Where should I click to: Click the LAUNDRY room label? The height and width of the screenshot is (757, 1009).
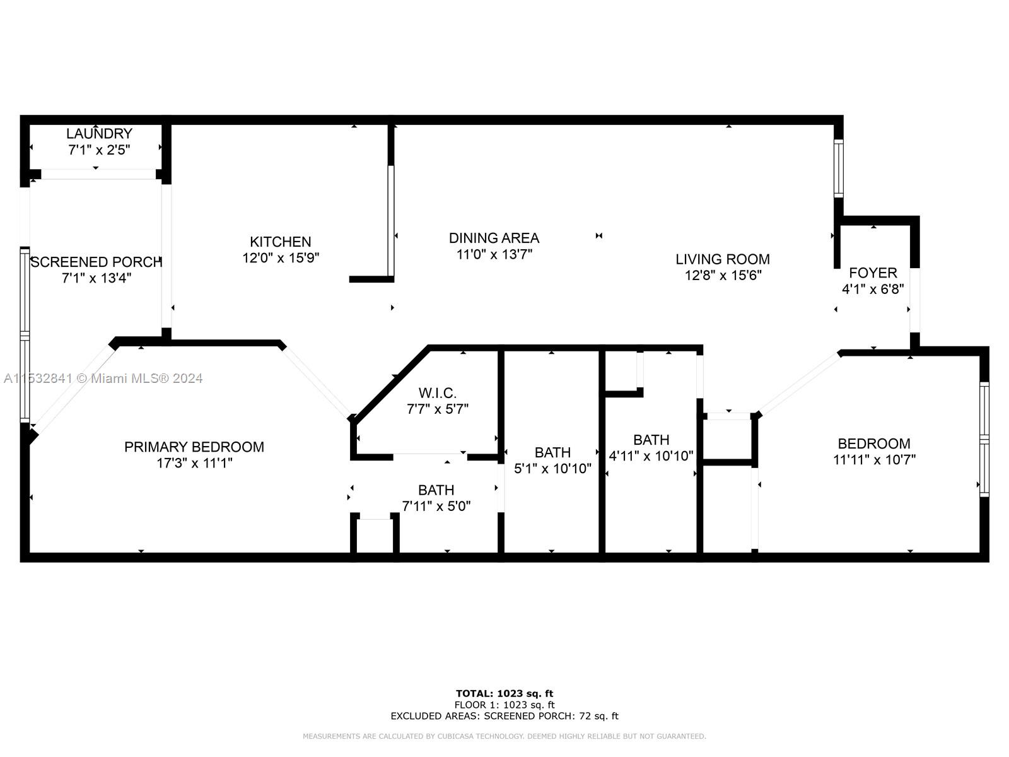[99, 133]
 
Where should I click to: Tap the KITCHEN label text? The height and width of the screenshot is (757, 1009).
[281, 242]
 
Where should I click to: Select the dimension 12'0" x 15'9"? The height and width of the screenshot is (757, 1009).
[281, 257]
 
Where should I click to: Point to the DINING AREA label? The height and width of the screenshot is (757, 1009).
[494, 238]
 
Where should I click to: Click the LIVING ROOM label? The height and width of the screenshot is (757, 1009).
[723, 259]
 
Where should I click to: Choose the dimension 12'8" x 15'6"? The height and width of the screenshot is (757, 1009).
[723, 275]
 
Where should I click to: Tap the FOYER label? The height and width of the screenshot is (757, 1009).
[873, 273]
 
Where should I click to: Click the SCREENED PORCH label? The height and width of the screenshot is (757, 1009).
[96, 262]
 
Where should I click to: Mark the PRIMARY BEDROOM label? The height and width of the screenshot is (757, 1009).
[194, 447]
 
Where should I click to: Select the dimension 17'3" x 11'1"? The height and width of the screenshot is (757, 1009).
[194, 463]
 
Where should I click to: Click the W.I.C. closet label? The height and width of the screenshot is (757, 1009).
[437, 393]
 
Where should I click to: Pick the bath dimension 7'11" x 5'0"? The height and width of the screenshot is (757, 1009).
[436, 506]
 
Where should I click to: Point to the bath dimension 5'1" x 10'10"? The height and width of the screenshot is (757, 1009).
[552, 468]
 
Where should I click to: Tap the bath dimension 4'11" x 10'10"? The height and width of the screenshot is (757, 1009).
[651, 455]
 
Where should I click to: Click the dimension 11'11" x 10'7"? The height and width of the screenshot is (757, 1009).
[874, 460]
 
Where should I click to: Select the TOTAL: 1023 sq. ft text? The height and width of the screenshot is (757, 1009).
[504, 693]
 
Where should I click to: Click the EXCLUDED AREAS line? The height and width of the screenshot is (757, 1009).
[504, 716]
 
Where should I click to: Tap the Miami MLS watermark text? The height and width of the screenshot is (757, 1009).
[103, 378]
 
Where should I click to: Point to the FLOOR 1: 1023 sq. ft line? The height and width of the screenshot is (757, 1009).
[504, 705]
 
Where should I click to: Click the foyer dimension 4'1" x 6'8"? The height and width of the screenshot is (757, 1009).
[873, 289]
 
